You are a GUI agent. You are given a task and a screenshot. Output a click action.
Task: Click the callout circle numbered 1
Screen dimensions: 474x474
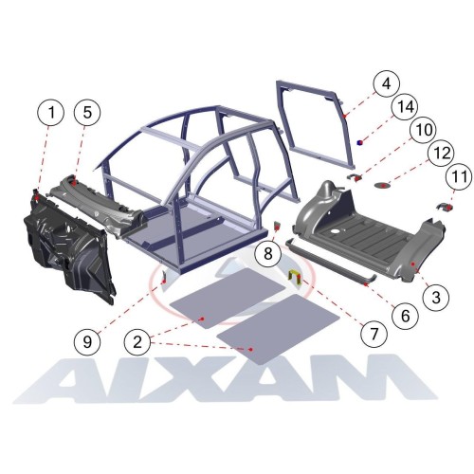(x=51, y=113)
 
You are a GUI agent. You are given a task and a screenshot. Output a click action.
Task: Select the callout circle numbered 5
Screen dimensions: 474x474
(x=87, y=113)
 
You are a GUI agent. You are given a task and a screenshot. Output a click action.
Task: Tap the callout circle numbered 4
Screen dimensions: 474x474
(x=386, y=84)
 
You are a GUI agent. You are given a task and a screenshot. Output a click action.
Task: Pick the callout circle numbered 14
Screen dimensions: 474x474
(x=406, y=107)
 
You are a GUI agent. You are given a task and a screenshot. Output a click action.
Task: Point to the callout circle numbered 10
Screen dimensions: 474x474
(x=424, y=130)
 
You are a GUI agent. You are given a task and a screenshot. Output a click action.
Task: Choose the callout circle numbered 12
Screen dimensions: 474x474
(x=442, y=154)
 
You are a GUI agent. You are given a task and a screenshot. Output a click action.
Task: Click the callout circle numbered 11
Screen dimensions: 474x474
(x=460, y=176)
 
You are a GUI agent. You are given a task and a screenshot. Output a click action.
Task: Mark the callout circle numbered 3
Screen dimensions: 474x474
(x=436, y=297)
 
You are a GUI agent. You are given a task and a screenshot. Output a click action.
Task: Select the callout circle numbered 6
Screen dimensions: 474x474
(x=405, y=315)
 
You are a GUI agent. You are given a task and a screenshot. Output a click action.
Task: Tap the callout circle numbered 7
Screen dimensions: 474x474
(x=374, y=334)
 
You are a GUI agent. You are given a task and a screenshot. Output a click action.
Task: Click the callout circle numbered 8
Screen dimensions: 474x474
(x=268, y=253)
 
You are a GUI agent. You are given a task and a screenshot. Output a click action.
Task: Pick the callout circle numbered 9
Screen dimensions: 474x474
(x=87, y=342)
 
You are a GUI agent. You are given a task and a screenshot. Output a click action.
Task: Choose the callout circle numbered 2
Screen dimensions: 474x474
(x=137, y=342)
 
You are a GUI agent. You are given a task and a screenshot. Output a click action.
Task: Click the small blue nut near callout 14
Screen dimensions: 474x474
(x=359, y=142)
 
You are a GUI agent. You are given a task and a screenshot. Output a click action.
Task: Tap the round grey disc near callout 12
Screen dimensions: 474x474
(x=383, y=185)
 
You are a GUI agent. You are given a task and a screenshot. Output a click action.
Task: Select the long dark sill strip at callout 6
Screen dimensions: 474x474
(x=331, y=262)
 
